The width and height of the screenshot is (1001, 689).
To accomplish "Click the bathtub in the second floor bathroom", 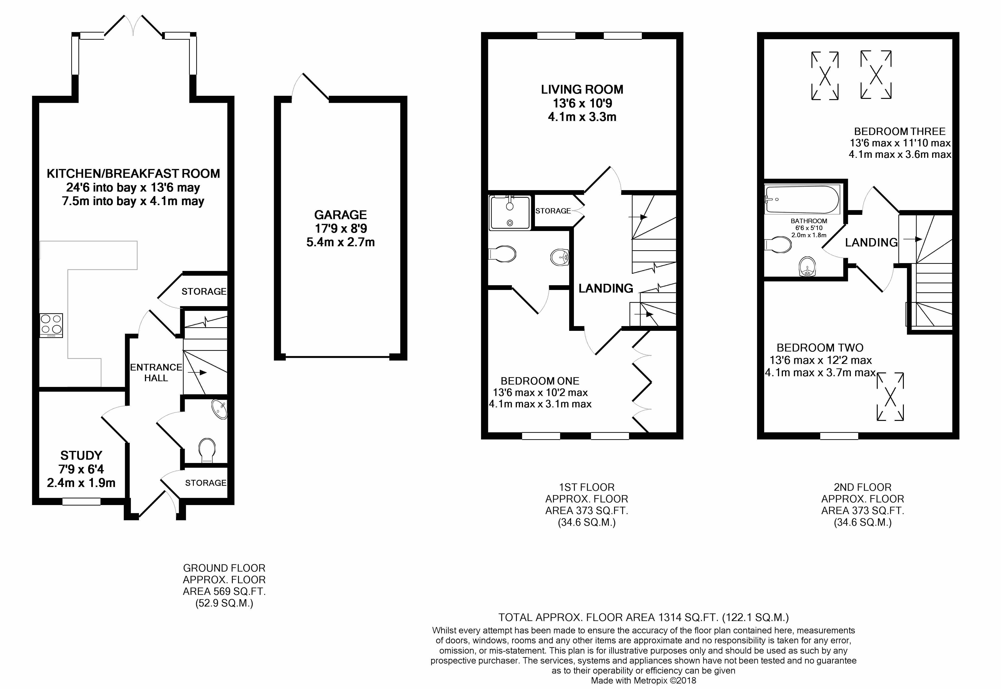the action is click(802, 199).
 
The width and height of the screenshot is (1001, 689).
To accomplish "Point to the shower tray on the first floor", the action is click(510, 212).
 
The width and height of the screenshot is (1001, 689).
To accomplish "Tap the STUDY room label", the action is click(81, 455).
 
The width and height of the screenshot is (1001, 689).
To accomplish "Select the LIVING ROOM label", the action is click(582, 89).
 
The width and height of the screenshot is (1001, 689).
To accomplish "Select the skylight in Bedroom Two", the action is click(890, 397).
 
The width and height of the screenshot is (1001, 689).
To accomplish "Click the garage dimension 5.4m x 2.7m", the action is click(340, 242).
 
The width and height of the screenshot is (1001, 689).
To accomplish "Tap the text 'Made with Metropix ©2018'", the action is click(643, 681).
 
